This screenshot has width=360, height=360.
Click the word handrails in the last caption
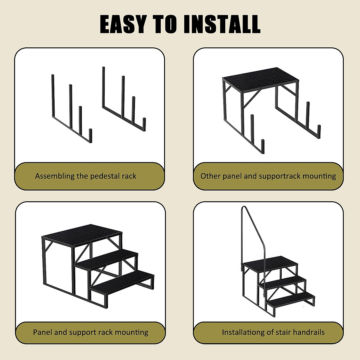point(309,332)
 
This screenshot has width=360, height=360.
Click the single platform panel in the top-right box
point(260,77)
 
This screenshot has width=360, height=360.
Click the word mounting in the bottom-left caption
point(132,332)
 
